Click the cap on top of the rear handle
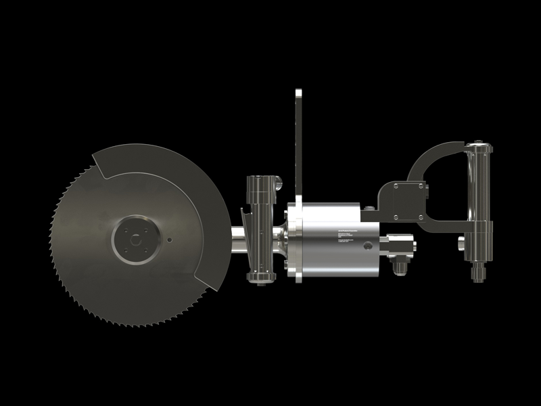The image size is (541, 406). click(478, 145)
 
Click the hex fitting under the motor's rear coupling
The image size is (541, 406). click(399, 266)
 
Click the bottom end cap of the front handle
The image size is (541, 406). click(261, 277)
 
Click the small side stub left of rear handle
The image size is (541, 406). click(461, 242)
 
